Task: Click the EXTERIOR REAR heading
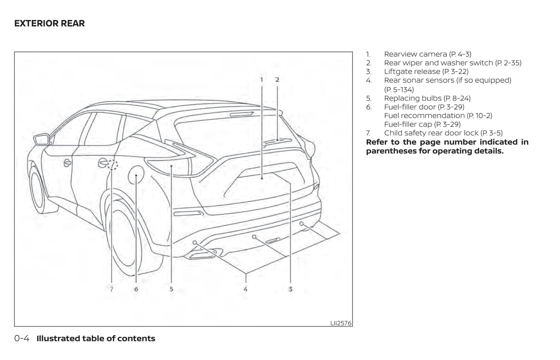(49, 23)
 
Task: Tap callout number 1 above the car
(262, 79)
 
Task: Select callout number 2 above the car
(277, 79)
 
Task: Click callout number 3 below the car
(290, 289)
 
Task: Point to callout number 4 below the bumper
(245, 289)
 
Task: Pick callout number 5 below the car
(171, 289)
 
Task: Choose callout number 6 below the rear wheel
(136, 289)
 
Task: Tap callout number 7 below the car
(112, 289)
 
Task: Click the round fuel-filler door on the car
(136, 176)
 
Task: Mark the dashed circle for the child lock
(112, 165)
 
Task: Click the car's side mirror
(41, 139)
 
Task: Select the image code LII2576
(341, 323)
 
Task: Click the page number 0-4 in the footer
(22, 338)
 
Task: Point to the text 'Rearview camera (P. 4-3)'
(427, 54)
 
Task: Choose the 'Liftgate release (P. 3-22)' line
(426, 72)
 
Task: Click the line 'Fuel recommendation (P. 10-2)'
(438, 115)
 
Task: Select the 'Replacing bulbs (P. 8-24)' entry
(427, 98)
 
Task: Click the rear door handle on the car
(103, 163)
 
